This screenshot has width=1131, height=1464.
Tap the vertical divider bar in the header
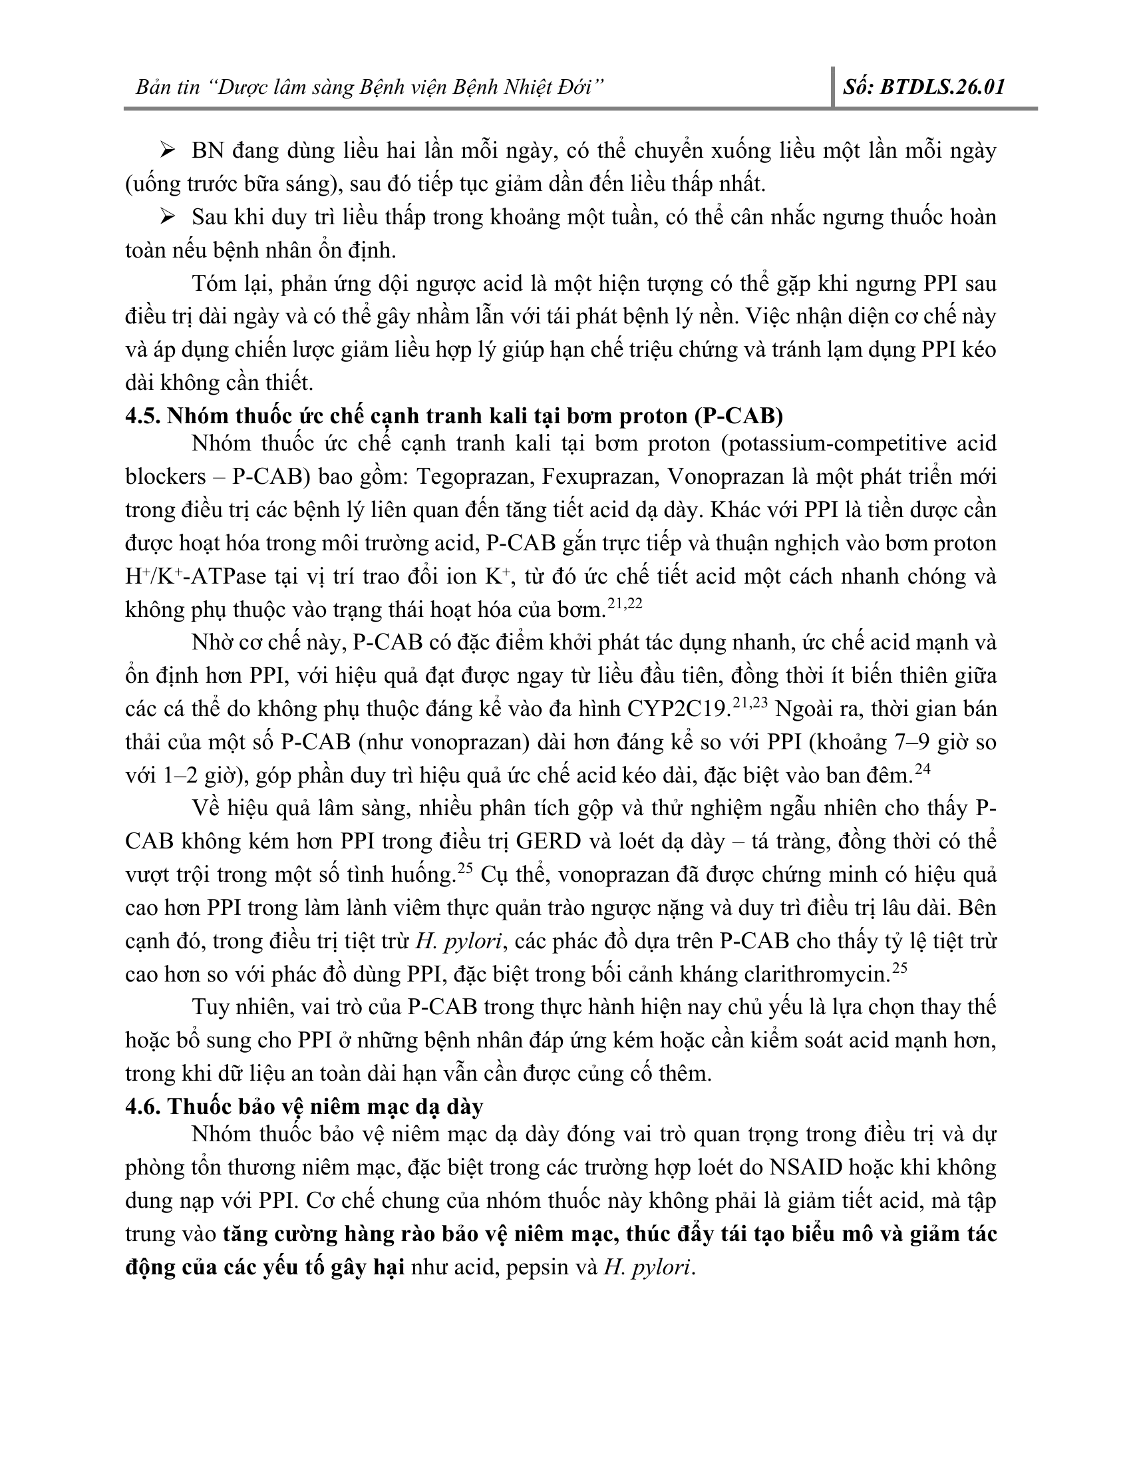833,87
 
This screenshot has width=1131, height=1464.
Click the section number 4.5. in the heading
143,417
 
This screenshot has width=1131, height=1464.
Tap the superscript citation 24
923,769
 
